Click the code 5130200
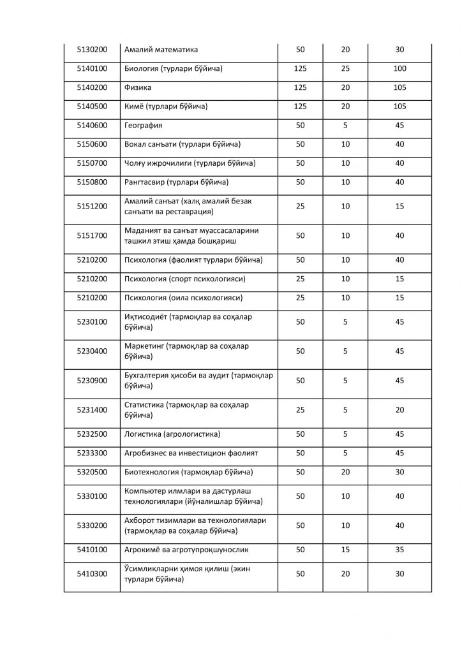pos(92,50)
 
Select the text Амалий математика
pos(161,50)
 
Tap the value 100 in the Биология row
pos(399,69)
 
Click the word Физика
pos(138,87)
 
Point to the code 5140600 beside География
pos(92,126)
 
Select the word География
pos(143,126)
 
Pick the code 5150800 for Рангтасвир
pos(92,182)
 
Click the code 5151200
pos(92,207)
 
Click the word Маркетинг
pos(145,346)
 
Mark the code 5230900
pos(92,381)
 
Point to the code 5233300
pos(92,453)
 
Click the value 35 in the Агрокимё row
pos(399,550)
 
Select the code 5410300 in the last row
pos(92,574)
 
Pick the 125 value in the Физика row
pos(300,87)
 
